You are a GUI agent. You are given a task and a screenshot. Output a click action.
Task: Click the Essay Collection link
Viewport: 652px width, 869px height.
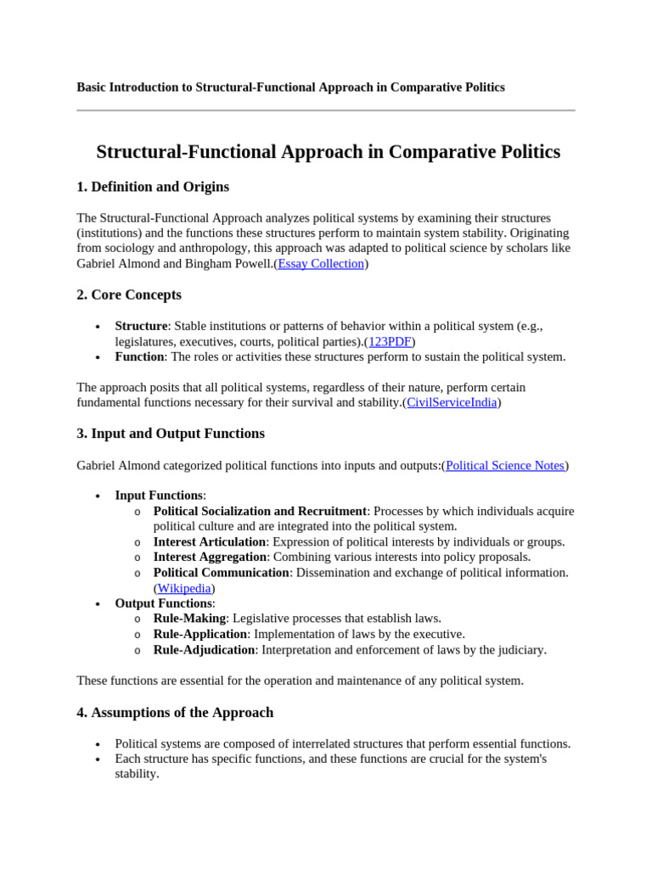[321, 264]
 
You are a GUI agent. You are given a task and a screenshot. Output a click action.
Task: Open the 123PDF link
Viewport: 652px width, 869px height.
[390, 341]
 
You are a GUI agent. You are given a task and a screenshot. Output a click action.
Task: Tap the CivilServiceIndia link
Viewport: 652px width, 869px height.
[452, 402]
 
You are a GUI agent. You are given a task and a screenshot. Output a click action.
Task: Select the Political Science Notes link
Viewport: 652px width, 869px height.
[505, 465]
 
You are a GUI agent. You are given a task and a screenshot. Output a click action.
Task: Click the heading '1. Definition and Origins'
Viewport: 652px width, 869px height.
[153, 187]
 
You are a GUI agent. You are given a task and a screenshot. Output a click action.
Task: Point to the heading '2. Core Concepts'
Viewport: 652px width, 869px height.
[129, 295]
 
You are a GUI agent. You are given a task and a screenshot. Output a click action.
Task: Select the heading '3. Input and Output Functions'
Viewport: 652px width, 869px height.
[171, 434]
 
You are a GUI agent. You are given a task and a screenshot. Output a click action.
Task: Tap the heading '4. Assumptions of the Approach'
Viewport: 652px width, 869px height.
[175, 713]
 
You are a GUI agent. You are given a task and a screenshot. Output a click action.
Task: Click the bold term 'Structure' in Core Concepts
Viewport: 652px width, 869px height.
[141, 326]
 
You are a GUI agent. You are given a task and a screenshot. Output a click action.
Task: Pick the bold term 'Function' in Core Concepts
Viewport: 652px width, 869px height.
[139, 356]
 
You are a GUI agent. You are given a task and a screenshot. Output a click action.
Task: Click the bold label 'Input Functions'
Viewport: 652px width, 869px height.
[159, 496]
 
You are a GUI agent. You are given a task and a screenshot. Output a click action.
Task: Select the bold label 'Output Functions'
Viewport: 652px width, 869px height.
[164, 603]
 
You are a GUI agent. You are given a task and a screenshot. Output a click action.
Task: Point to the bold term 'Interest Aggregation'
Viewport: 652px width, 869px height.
[211, 557]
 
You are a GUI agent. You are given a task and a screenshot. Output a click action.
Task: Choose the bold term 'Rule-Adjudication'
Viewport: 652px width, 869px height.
[204, 650]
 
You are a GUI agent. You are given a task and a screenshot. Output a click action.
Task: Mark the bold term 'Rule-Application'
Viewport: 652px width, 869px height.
[200, 634]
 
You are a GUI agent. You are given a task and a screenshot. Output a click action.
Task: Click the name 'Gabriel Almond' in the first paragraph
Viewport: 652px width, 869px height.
[117, 264]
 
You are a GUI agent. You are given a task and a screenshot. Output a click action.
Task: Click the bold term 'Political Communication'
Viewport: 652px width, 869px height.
[222, 573]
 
